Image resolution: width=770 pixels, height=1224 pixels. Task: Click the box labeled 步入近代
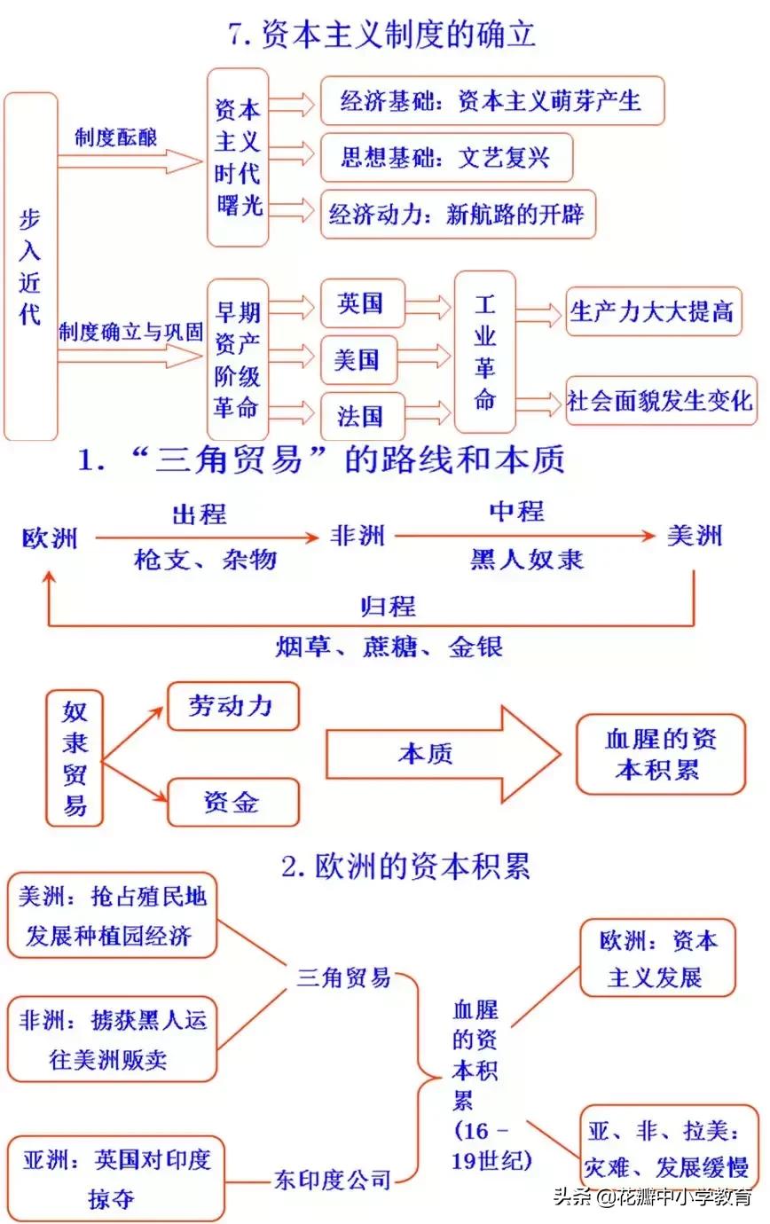(x=31, y=266)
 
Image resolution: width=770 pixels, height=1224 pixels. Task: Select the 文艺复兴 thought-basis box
(x=445, y=158)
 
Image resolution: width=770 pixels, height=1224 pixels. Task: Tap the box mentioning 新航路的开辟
(x=457, y=214)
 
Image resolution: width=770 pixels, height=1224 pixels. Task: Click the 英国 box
(x=361, y=304)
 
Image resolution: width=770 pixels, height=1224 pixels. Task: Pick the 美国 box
(x=357, y=359)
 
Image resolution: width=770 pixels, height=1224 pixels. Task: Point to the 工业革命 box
(x=484, y=352)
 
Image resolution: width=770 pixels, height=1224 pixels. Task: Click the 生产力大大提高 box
(x=653, y=311)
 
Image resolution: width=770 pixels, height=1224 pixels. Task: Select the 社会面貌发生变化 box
(x=661, y=400)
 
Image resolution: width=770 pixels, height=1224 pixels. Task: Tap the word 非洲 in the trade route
(x=357, y=536)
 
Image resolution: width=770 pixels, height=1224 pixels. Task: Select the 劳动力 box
(x=232, y=706)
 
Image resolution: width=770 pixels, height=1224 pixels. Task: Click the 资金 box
(x=232, y=802)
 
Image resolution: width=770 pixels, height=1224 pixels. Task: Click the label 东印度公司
(x=332, y=1179)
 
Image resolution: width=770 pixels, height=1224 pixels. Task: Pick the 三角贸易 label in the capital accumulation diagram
(x=343, y=977)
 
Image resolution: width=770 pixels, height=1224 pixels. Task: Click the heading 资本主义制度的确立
(x=382, y=35)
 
